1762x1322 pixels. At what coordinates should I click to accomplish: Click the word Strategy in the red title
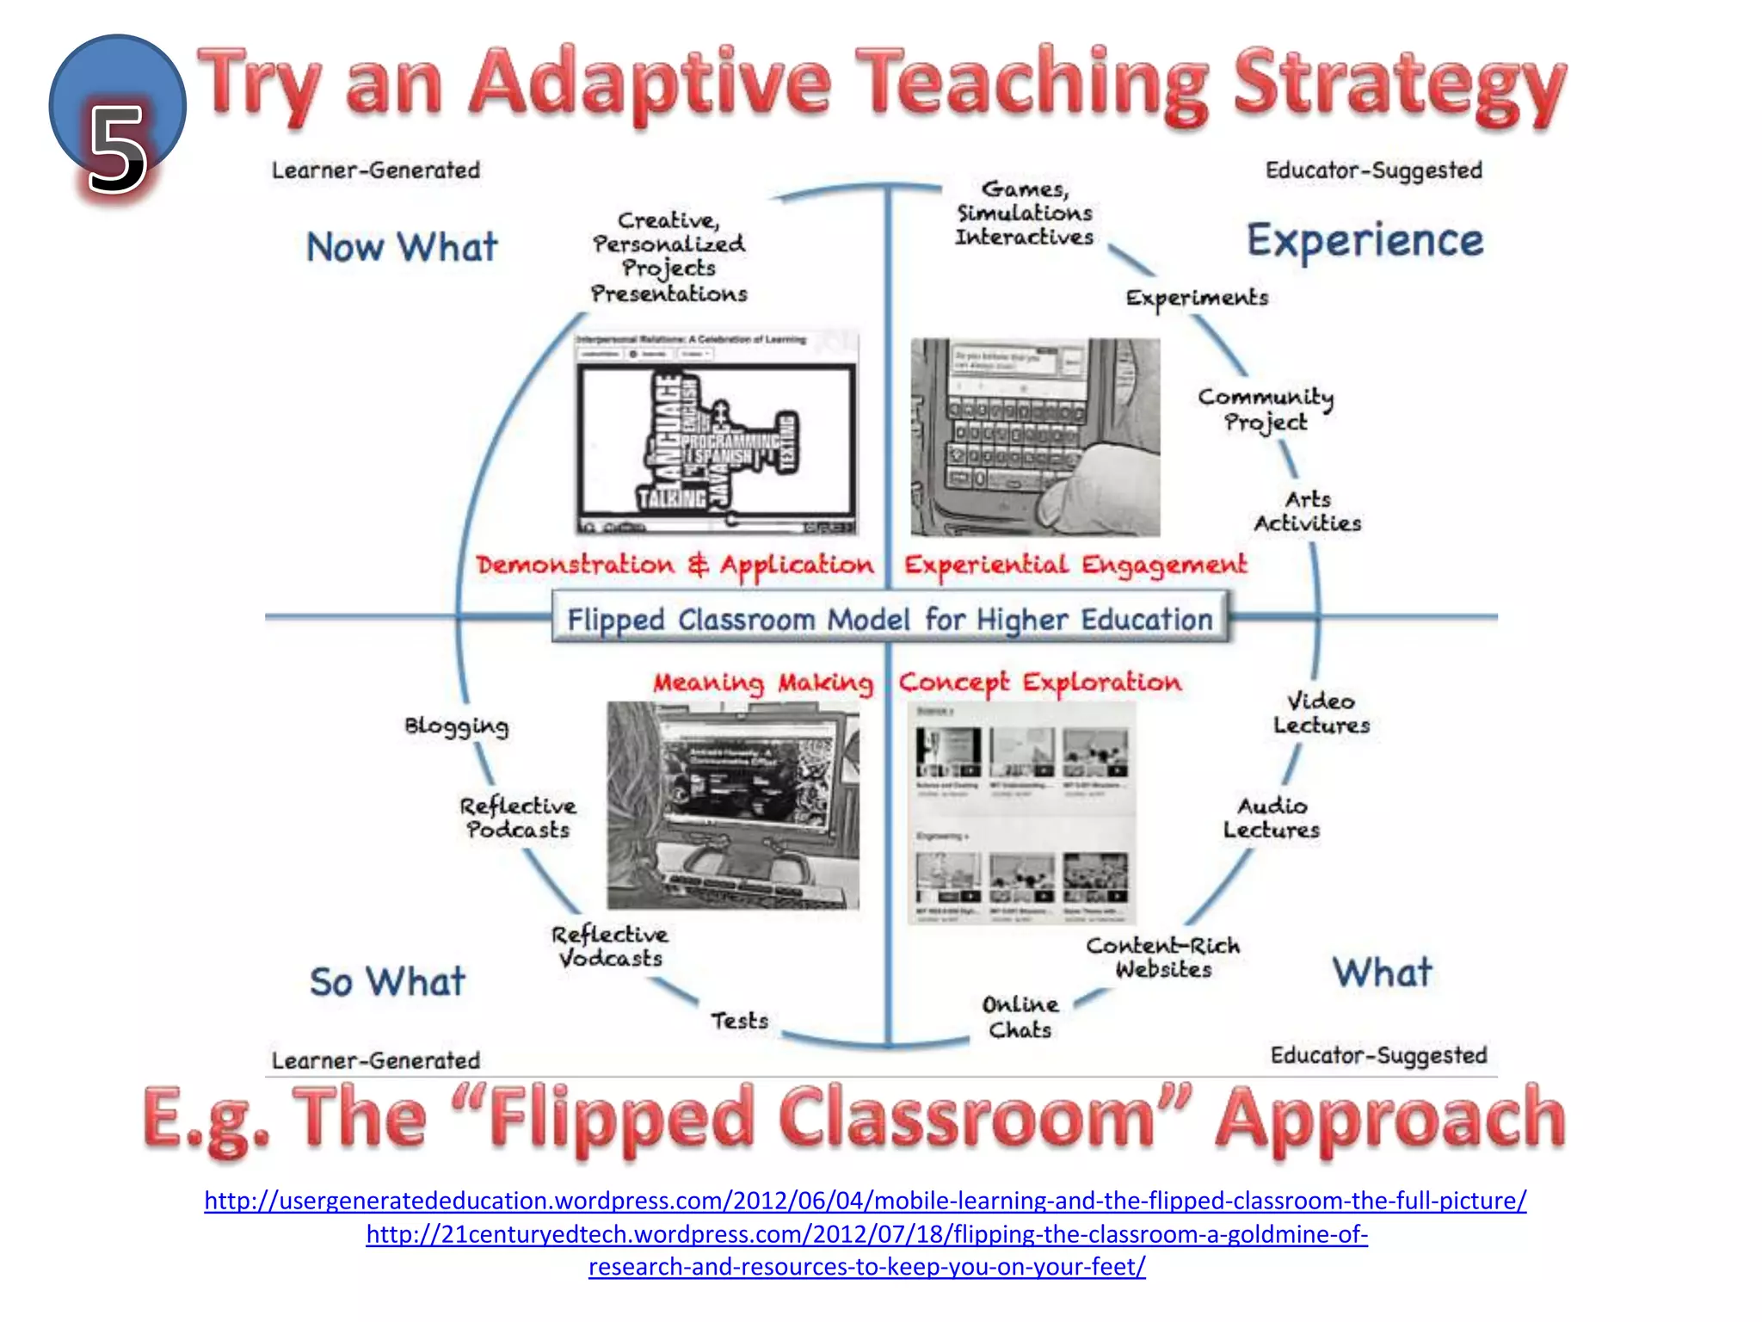click(x=1399, y=86)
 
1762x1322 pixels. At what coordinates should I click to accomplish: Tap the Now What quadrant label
click(x=402, y=247)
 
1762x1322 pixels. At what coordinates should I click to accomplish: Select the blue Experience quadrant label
click(x=1365, y=241)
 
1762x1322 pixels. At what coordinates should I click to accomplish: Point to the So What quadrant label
click(x=387, y=982)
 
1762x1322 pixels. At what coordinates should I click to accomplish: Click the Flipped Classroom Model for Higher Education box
click(x=890, y=618)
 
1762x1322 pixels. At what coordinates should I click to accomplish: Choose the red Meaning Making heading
click(x=763, y=683)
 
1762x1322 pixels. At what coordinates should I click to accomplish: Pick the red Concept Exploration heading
click(x=1040, y=683)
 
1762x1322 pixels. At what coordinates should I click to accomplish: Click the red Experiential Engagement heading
click(x=1075, y=565)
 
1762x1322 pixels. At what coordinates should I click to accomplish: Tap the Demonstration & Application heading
click(x=675, y=565)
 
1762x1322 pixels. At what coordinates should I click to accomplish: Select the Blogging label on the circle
click(x=457, y=726)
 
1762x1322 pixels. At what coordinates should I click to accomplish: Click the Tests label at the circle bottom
click(x=739, y=1021)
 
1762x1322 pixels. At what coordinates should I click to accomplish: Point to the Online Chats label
click(x=1020, y=1017)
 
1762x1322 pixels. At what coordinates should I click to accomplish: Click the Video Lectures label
click(x=1321, y=714)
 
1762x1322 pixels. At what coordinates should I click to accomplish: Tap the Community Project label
click(x=1266, y=410)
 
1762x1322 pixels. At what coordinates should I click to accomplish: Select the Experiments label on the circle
click(x=1197, y=298)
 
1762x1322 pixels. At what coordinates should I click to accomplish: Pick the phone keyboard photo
click(x=1035, y=437)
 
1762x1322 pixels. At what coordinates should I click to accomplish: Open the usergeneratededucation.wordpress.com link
click(x=866, y=1200)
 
